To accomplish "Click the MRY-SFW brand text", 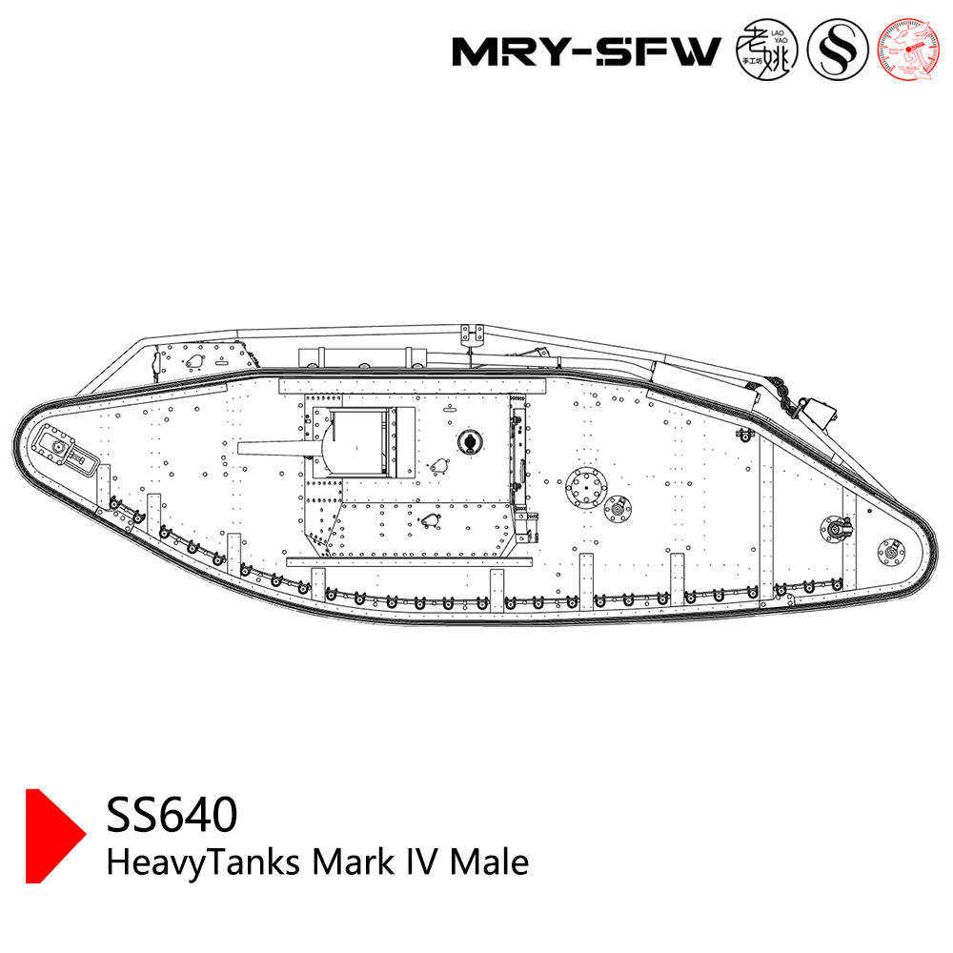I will [x=585, y=51].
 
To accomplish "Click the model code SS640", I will [x=172, y=815].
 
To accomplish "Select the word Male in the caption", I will [x=488, y=862].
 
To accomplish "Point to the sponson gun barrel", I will [x=272, y=448].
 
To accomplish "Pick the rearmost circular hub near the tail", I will [x=893, y=549].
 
